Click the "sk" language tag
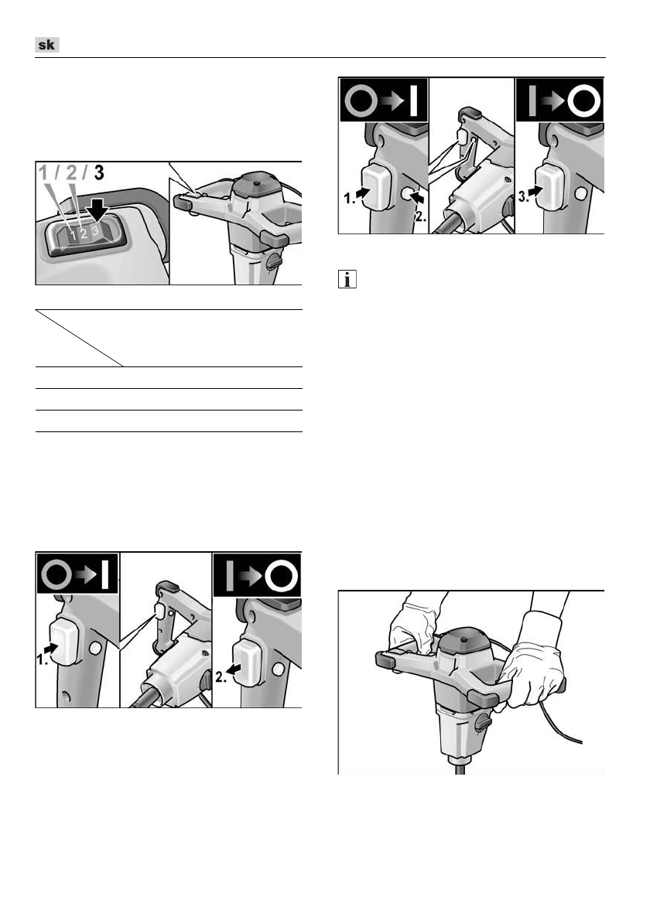pos(47,46)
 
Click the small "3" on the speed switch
pos(94,231)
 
